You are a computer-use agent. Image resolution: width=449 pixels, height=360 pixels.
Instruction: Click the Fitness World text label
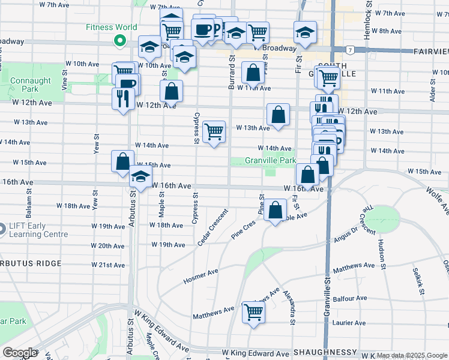(x=111, y=27)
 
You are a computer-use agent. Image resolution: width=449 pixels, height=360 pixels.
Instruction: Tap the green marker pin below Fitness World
(x=119, y=41)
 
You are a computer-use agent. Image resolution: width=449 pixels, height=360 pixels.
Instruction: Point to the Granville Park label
(x=270, y=161)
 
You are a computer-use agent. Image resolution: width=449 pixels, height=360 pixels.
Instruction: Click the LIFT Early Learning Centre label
(x=38, y=230)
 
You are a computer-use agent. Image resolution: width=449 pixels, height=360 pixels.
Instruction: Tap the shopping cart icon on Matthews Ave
(x=253, y=311)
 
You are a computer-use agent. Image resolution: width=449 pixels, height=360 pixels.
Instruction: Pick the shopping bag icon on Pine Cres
(x=276, y=211)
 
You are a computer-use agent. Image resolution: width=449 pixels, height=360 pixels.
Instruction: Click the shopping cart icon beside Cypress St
(x=214, y=131)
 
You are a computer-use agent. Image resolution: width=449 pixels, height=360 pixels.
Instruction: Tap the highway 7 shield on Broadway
(x=349, y=49)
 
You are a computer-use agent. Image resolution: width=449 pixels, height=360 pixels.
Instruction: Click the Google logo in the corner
(x=20, y=353)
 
